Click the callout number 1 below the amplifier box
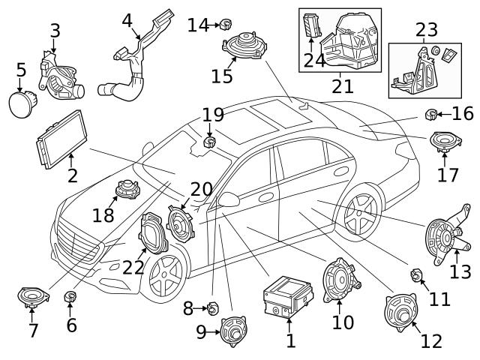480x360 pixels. (290, 342)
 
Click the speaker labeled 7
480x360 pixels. (32, 299)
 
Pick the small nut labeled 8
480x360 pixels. (211, 307)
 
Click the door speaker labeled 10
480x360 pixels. (338, 275)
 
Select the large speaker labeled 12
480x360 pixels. (400, 310)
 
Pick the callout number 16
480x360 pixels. (463, 113)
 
